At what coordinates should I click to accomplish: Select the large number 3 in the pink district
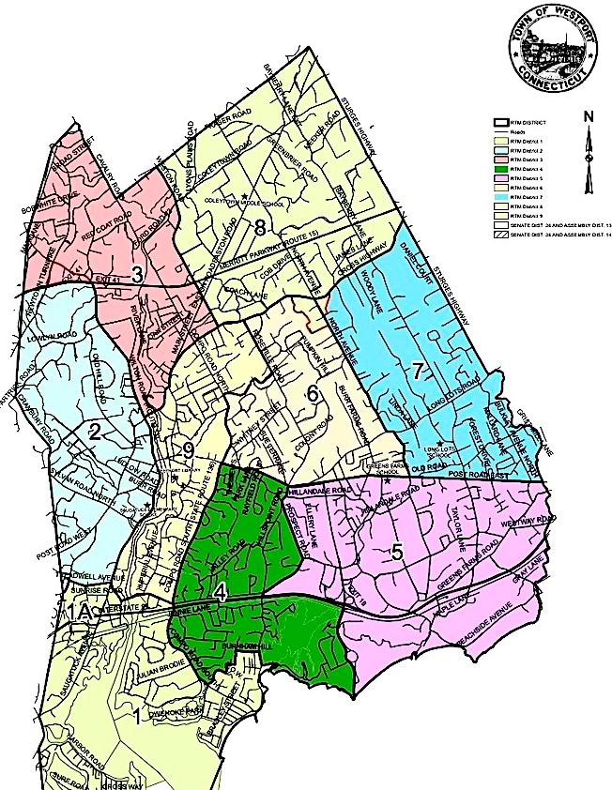click(136, 275)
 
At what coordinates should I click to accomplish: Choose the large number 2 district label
click(95, 432)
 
